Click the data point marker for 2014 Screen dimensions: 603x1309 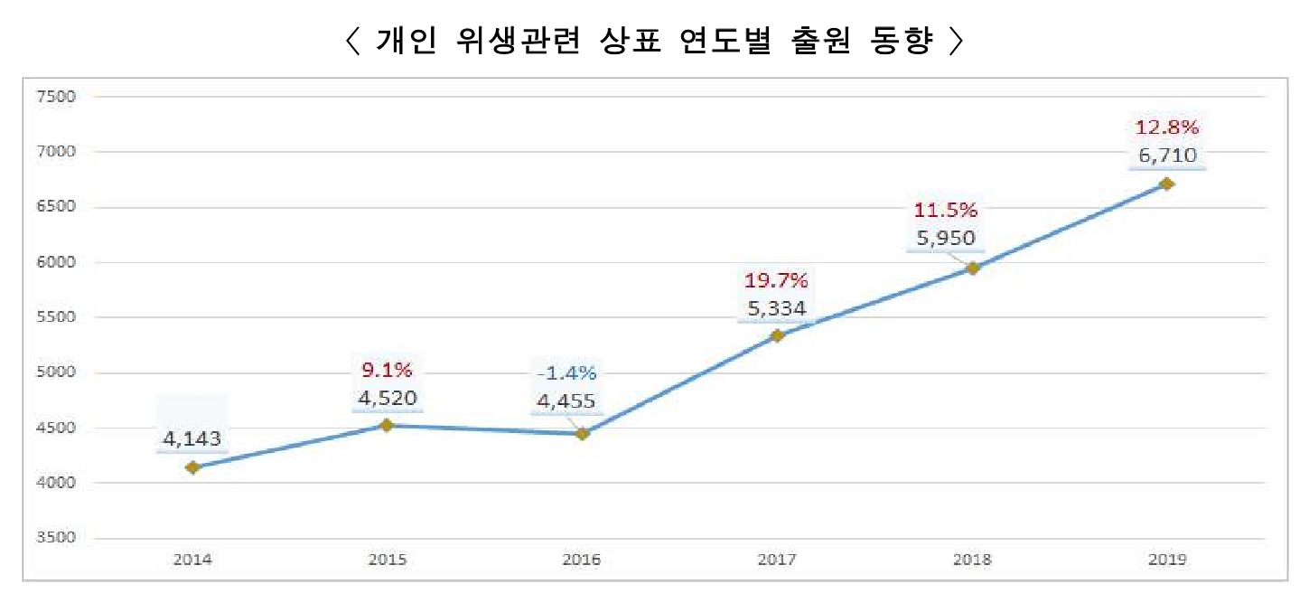point(192,467)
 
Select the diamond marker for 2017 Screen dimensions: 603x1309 point(777,336)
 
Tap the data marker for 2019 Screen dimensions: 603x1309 point(1166,184)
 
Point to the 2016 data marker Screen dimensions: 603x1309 point(583,434)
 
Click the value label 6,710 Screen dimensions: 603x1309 point(1167,155)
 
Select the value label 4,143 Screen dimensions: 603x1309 point(192,440)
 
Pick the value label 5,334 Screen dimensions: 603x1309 point(777,309)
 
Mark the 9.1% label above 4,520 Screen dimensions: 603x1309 point(387,370)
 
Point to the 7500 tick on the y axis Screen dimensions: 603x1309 point(55,97)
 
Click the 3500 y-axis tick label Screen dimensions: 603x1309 point(55,539)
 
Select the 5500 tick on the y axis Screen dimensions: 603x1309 point(55,318)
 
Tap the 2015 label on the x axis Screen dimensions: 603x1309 point(387,561)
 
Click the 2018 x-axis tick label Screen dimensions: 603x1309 point(971,561)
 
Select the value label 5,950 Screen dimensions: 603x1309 point(946,240)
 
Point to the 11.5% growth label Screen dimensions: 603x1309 point(946,212)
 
